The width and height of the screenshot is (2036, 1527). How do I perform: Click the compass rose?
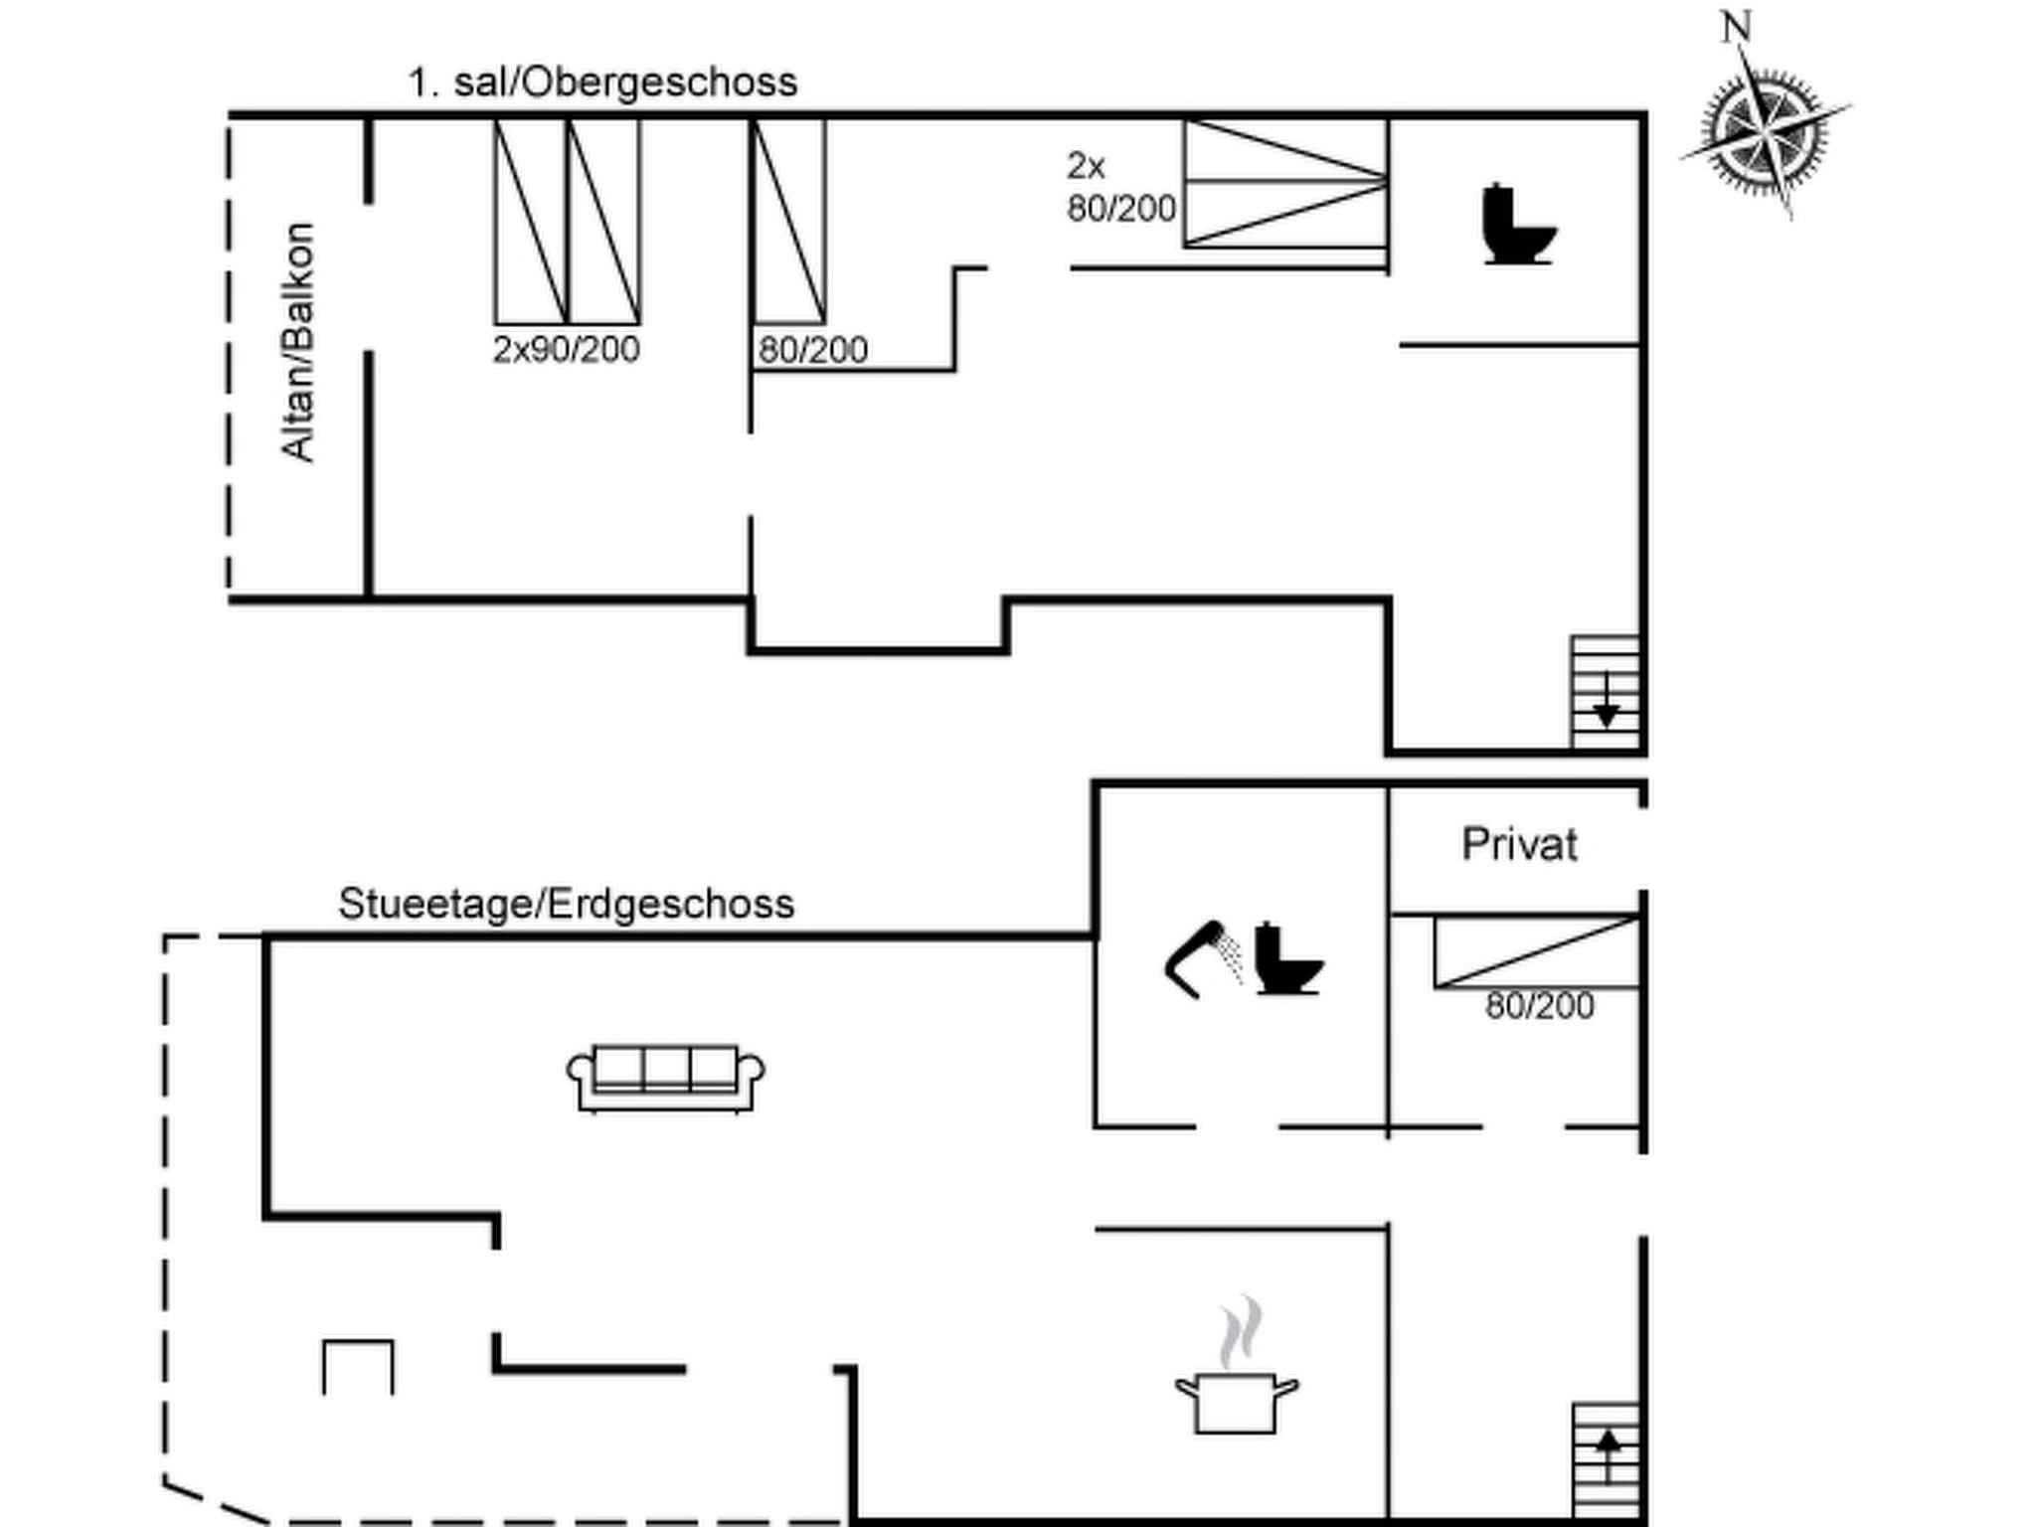point(1765,130)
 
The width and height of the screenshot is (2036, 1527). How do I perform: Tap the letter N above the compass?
point(1736,27)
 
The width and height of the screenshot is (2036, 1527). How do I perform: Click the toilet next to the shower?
point(1286,960)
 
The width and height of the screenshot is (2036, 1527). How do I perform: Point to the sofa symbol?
point(665,1078)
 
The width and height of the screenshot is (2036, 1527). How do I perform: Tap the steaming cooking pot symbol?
point(1236,1377)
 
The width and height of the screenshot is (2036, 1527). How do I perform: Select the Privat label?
point(1518,845)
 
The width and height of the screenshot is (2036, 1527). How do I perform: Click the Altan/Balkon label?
point(298,342)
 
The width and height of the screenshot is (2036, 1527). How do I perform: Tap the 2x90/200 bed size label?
point(566,350)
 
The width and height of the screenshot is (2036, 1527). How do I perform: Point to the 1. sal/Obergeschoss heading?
point(602,82)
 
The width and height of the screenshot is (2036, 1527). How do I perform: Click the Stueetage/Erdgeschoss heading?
point(566,904)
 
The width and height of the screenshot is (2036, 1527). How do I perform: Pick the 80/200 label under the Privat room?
point(1539,1006)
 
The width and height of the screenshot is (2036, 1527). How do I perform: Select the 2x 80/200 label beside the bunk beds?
point(1119,187)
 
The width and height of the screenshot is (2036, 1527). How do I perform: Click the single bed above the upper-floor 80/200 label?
point(788,221)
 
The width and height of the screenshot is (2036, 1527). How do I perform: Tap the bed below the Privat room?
point(1536,952)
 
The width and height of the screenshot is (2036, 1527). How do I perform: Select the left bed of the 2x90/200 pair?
point(530,221)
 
